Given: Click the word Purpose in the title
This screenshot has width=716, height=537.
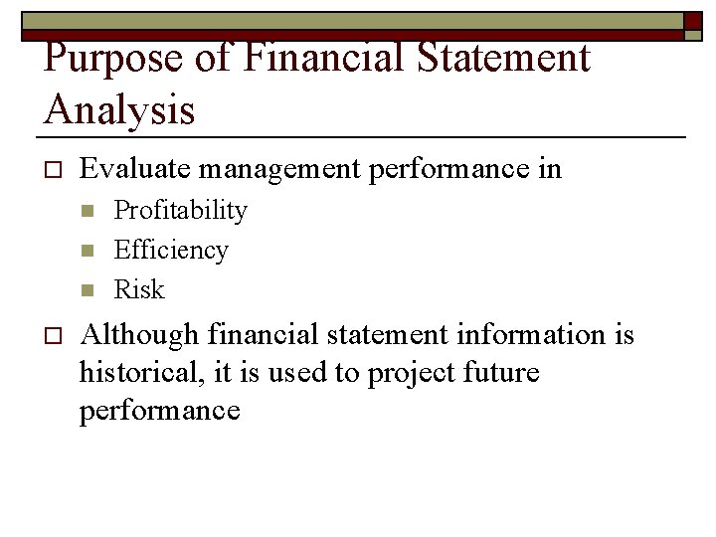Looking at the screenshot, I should pos(111,60).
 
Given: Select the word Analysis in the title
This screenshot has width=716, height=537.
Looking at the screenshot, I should pos(119,109).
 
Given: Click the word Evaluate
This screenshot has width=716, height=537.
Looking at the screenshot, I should pos(134,169).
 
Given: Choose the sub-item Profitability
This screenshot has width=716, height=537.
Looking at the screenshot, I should pos(180,210).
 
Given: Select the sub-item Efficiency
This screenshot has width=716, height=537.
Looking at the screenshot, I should pos(171,250).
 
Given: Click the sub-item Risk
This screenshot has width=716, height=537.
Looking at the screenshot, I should pos(139,289).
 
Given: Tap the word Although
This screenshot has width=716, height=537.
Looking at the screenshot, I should pos(139,335).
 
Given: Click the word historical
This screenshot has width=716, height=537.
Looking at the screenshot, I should pos(139,373).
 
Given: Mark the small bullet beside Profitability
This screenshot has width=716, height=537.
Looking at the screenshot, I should pos(87,211).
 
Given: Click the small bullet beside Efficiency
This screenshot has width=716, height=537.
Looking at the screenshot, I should pos(87,251).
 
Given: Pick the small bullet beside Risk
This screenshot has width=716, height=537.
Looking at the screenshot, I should pos(87,290).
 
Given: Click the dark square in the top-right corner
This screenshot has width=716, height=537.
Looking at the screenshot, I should pos(693,20).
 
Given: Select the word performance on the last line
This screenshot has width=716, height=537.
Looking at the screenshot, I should pos(160,411).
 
